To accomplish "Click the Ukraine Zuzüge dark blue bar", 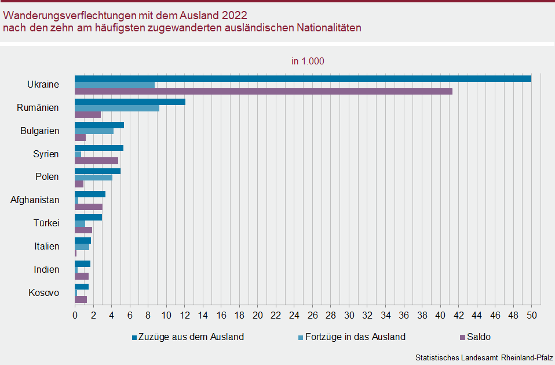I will [302, 78].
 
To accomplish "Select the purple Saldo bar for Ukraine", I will [263, 91].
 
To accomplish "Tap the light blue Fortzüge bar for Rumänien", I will [116, 108].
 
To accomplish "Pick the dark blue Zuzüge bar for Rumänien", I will [130, 102].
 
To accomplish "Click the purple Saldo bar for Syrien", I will [96, 161].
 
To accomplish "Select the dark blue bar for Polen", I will [97, 171].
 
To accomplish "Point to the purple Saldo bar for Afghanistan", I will [89, 207].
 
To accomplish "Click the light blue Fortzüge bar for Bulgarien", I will [94, 131].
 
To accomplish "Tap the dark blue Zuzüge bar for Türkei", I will [88, 217].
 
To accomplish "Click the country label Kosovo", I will [43, 292].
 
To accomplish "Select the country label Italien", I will [46, 246].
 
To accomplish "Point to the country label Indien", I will [46, 269].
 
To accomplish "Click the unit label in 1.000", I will [308, 61].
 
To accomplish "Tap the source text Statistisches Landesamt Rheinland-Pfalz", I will [484, 357].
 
